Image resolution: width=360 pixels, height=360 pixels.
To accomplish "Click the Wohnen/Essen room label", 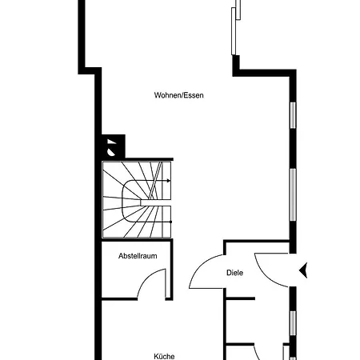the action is pos(178,95).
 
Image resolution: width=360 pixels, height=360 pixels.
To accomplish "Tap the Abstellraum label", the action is pos(138,256).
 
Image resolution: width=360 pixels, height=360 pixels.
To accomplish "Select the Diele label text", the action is pos(234,273).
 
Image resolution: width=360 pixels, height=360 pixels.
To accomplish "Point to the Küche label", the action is pos(164,356).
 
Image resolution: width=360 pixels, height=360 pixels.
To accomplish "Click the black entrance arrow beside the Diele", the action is pos(303,270).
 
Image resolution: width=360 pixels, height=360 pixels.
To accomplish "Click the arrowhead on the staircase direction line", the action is pos(169,181).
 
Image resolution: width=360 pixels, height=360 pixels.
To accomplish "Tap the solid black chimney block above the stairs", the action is pos(114,146).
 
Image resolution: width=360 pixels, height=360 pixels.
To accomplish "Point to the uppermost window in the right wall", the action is pos(293,115).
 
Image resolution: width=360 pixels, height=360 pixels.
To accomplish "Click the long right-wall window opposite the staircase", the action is pos(293,194).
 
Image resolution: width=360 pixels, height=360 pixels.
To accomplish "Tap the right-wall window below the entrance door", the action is pos(293,323).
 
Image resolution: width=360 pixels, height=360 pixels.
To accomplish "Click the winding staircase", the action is pos(137,199).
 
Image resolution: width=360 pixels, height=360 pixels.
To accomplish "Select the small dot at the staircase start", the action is pos(170,222).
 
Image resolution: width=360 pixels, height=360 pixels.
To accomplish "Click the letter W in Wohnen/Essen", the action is pos(157,95).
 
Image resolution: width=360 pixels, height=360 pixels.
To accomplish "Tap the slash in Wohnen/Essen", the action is pos(182,95).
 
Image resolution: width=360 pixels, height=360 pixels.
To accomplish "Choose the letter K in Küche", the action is pos(156,356).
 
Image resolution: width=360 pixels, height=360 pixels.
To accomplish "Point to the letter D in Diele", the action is pos(229,273).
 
